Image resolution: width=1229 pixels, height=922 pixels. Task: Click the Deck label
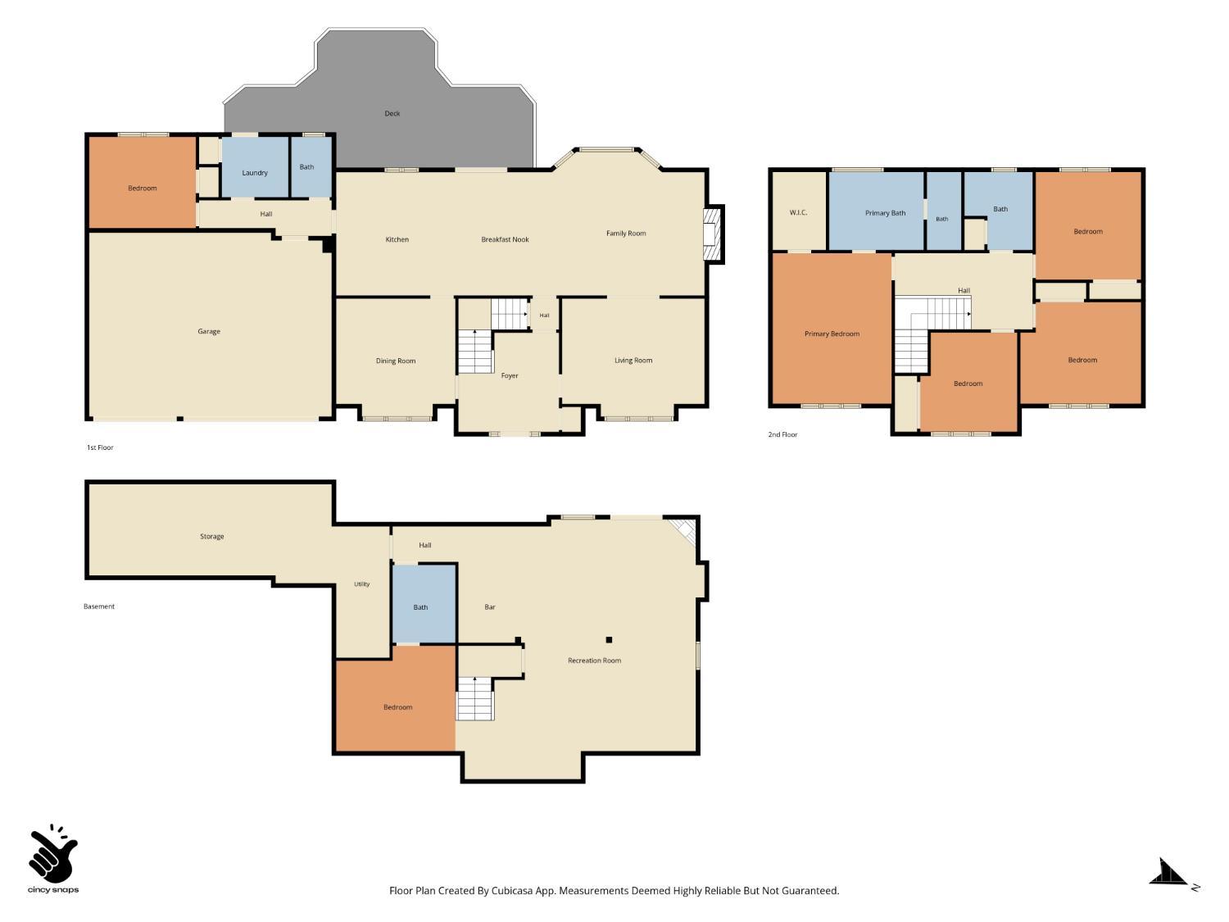click(x=392, y=114)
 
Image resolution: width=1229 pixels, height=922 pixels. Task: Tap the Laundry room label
click(x=255, y=173)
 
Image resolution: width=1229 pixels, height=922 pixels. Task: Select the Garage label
click(x=209, y=331)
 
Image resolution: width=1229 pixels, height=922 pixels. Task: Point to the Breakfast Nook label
click(x=505, y=239)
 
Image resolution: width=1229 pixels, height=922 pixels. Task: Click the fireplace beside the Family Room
click(x=714, y=234)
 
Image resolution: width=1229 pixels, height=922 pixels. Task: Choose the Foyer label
click(x=510, y=375)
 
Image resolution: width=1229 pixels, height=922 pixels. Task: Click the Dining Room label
click(x=396, y=361)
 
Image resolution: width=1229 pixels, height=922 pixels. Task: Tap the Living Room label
click(x=633, y=361)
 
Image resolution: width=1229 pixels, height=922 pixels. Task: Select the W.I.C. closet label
click(x=798, y=213)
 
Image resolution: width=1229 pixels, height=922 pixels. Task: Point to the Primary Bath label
click(x=885, y=213)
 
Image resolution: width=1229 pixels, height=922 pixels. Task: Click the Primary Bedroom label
click(x=832, y=334)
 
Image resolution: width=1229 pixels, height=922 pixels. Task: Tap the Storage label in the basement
click(x=211, y=537)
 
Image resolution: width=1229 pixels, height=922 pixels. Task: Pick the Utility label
click(x=361, y=584)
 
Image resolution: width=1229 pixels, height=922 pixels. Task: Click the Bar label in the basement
click(x=490, y=607)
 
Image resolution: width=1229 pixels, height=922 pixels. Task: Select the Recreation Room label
click(x=595, y=661)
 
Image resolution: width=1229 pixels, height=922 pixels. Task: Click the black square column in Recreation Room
click(x=610, y=640)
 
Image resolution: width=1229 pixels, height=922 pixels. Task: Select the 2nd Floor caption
click(x=782, y=435)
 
